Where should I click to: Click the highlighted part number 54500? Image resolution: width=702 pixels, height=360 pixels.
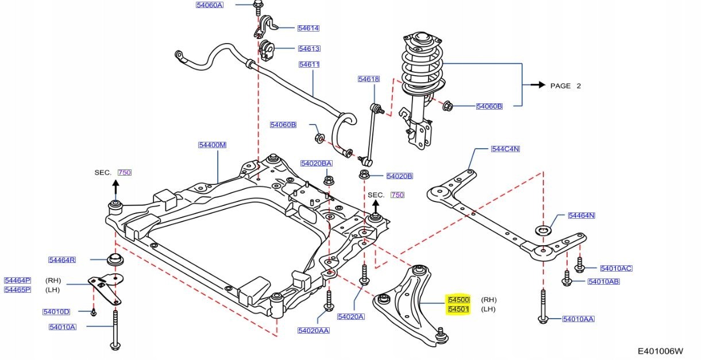459,300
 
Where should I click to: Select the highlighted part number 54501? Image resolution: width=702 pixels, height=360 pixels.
459,309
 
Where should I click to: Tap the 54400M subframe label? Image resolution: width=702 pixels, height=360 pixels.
213,145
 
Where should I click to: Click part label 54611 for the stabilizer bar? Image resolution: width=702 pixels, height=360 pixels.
309,64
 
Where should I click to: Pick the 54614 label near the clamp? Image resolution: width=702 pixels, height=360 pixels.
308,28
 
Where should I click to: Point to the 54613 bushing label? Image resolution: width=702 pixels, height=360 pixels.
309,49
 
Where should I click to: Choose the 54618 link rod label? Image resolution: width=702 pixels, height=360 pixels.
368,79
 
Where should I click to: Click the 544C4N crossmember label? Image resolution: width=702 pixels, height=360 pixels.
506,149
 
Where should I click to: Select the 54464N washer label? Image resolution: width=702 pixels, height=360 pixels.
581,215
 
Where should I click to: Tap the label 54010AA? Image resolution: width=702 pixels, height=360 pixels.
578,319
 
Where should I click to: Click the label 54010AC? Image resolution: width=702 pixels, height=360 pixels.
616,268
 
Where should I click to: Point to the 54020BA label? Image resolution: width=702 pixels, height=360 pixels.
316,164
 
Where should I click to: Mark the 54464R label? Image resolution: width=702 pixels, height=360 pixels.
62,260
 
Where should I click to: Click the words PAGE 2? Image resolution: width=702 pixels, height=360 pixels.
566,86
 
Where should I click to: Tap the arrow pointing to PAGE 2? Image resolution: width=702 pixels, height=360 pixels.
537,85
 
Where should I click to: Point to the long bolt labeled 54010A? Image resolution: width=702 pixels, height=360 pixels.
115,330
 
